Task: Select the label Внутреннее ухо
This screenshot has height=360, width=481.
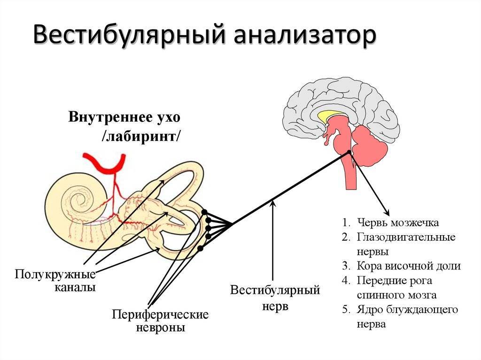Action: point(124,116)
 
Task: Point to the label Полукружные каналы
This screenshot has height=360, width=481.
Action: point(55,280)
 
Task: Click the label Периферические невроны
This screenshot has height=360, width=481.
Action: point(160,321)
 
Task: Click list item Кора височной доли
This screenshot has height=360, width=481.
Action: point(408,266)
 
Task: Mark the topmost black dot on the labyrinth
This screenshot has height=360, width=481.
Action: point(204,213)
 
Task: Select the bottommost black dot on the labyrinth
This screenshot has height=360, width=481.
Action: point(200,248)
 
